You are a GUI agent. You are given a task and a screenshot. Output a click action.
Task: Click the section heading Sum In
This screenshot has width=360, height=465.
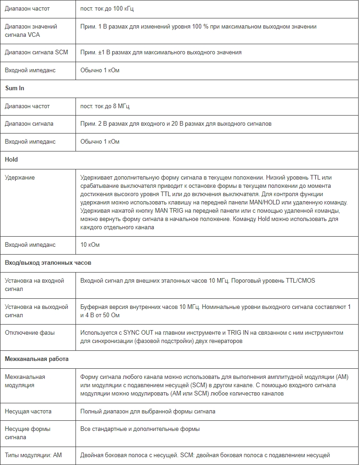pyautogui.click(x=15, y=88)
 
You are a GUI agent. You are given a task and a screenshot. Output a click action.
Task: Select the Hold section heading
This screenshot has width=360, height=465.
pyautogui.click(x=12, y=159)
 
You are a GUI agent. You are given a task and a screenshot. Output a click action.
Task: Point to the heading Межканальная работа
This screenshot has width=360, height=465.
pyautogui.click(x=37, y=359)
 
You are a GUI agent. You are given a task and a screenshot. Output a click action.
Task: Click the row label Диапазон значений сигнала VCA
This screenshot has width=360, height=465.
pyautogui.click(x=31, y=30)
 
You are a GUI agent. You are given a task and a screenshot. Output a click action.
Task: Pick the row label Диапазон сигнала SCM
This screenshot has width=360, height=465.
pyautogui.click(x=36, y=52)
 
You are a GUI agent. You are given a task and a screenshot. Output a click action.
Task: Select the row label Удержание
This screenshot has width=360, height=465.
pyautogui.click(x=20, y=177)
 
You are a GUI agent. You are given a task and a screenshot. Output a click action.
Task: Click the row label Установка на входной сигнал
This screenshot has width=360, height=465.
pyautogui.click(x=35, y=285)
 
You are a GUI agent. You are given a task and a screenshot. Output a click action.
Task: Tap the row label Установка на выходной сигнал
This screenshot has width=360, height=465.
pyautogui.click(x=36, y=311)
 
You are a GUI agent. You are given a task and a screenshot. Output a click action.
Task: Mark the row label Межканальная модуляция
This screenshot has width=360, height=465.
pyautogui.click(x=25, y=381)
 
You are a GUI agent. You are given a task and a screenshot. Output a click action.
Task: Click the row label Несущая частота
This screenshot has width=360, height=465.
pyautogui.click(x=28, y=411)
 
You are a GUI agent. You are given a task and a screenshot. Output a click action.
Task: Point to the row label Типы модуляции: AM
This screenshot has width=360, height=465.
pyautogui.click(x=33, y=455)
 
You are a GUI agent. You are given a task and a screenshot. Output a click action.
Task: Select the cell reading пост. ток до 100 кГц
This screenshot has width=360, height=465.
pyautogui.click(x=107, y=9)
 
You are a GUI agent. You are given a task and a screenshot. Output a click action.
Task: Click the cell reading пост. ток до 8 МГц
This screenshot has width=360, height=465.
pyautogui.click(x=105, y=106)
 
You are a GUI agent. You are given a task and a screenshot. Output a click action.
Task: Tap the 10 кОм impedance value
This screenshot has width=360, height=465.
pyautogui.click(x=90, y=244)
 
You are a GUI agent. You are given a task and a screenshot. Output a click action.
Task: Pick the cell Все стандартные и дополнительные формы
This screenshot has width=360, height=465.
pyautogui.click(x=140, y=429)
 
